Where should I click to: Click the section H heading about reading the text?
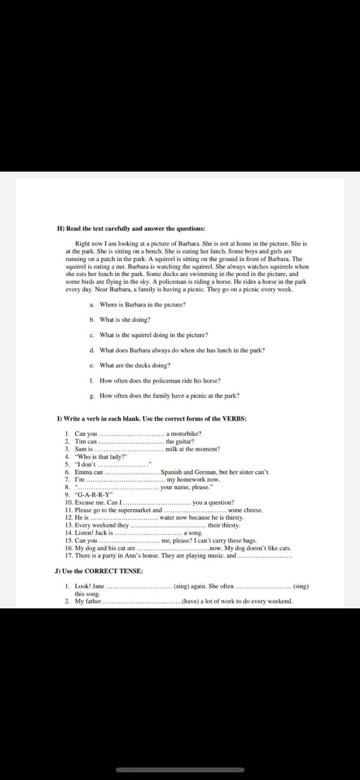pyautogui.click(x=131, y=229)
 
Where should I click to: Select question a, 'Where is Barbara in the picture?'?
pyautogui.click(x=142, y=305)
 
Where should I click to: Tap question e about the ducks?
pyautogui.click(x=135, y=365)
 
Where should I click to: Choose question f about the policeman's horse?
pyautogui.click(x=160, y=381)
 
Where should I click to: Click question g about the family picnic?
pyautogui.click(x=169, y=396)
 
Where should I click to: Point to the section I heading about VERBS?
pyautogui.click(x=151, y=419)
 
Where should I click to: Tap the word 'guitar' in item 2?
pyautogui.click(x=182, y=441)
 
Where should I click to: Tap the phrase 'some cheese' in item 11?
pyautogui.click(x=245, y=510)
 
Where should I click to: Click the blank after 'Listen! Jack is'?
pyautogui.click(x=148, y=533)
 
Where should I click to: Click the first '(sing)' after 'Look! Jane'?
pyautogui.click(x=181, y=586)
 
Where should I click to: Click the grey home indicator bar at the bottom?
pyautogui.click(x=180, y=770)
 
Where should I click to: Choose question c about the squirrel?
pyautogui.click(x=154, y=335)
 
